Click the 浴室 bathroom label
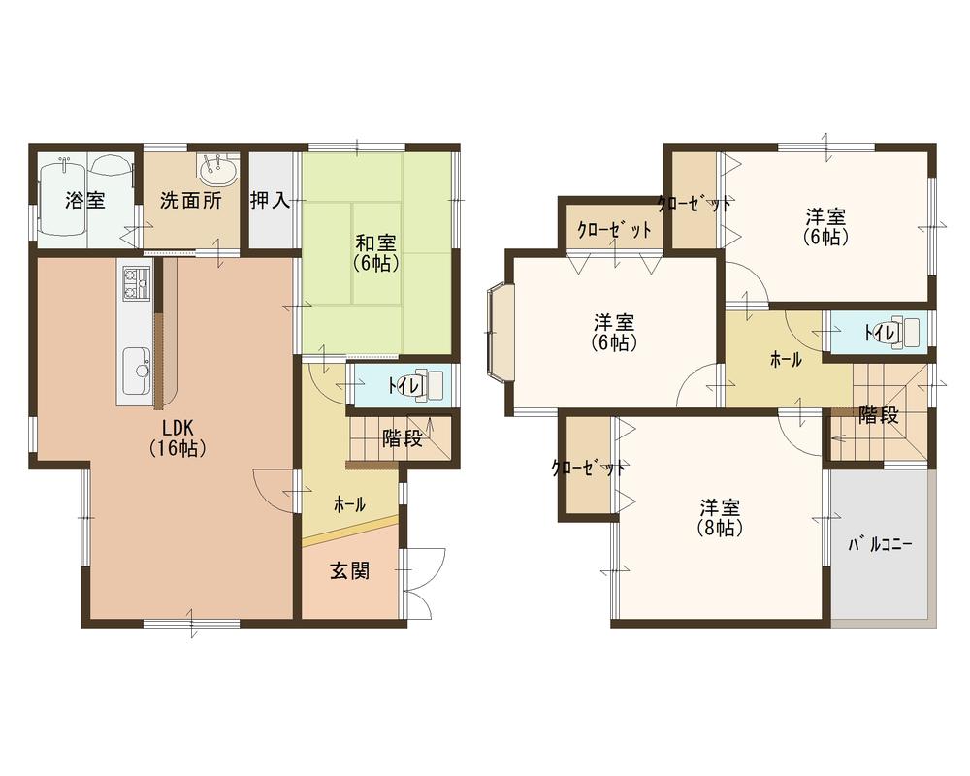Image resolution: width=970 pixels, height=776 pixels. point(85,201)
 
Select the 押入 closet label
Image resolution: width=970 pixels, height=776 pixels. point(270,201)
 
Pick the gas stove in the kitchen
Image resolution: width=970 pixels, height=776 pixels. point(134,283)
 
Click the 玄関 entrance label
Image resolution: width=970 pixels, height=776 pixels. point(350,571)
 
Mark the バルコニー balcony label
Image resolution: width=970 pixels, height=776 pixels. point(881,545)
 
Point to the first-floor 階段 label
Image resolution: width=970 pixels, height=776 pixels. point(402,438)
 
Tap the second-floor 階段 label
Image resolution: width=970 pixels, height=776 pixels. point(878,415)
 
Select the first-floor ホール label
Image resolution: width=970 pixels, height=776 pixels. point(349,504)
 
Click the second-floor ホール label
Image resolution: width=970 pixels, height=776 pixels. point(786,360)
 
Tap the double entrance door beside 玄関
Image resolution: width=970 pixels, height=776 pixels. point(422,582)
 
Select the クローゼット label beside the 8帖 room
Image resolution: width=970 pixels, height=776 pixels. point(588,469)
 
